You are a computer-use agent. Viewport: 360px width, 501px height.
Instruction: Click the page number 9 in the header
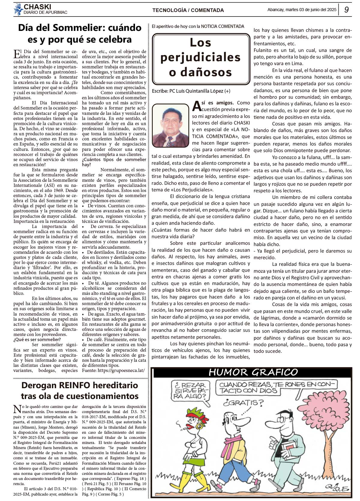click(x=346, y=10)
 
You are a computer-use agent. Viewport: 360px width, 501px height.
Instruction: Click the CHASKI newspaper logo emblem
click(x=18, y=9)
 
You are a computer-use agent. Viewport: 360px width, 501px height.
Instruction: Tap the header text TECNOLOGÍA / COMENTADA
click(x=188, y=10)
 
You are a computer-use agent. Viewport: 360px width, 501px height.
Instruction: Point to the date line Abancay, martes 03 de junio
click(x=301, y=10)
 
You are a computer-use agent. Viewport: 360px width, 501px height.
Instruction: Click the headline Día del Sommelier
click(x=79, y=33)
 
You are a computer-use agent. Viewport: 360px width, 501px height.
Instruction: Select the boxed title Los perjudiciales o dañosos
click(x=200, y=58)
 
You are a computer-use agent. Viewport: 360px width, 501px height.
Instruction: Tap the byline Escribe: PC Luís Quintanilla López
click(x=191, y=91)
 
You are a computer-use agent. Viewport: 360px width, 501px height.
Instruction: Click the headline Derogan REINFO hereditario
click(x=79, y=390)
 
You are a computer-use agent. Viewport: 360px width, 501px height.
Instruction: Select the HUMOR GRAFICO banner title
click(x=253, y=372)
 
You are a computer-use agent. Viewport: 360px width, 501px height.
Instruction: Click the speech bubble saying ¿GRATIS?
click(x=243, y=402)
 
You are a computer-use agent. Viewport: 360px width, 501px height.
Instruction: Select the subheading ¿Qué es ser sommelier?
click(x=37, y=340)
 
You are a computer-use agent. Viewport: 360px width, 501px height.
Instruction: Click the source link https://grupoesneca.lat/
click(x=113, y=370)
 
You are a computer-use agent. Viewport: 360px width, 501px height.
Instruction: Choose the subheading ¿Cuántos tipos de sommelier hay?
click(x=114, y=162)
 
